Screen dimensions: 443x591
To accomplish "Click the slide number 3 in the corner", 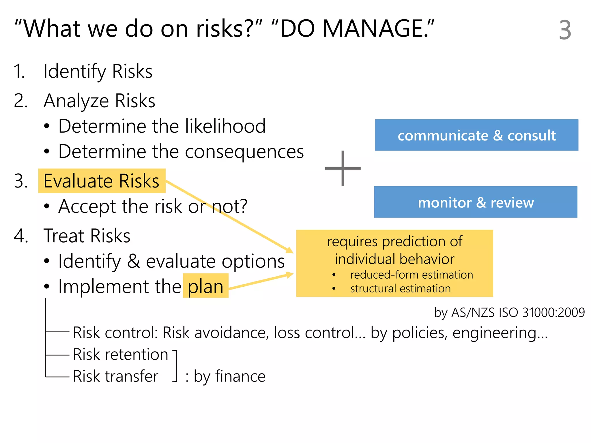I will (565, 30).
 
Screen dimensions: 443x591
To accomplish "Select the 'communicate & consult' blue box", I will (476, 135).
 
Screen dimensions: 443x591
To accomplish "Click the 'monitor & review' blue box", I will (476, 202).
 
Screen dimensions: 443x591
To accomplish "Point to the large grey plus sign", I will (343, 168).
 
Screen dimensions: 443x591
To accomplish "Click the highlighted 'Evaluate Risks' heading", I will (102, 181).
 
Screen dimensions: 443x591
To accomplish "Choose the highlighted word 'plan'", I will (205, 287).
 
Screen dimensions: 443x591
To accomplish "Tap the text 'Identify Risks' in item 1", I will (98, 71).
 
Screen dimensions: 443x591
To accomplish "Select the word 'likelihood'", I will (225, 126).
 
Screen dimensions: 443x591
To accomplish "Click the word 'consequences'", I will (244, 152).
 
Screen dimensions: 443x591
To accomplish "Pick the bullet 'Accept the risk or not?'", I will (153, 206).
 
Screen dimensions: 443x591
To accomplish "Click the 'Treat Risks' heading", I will (87, 236).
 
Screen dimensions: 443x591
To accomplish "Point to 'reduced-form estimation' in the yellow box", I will (412, 275).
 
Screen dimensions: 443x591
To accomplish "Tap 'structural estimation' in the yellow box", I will (400, 288).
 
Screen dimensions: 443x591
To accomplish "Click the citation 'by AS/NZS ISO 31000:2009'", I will (509, 313).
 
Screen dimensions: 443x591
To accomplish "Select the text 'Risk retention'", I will (120, 354).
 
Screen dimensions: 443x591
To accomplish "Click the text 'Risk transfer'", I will (115, 376).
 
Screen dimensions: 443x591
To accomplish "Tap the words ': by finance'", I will (225, 376).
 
